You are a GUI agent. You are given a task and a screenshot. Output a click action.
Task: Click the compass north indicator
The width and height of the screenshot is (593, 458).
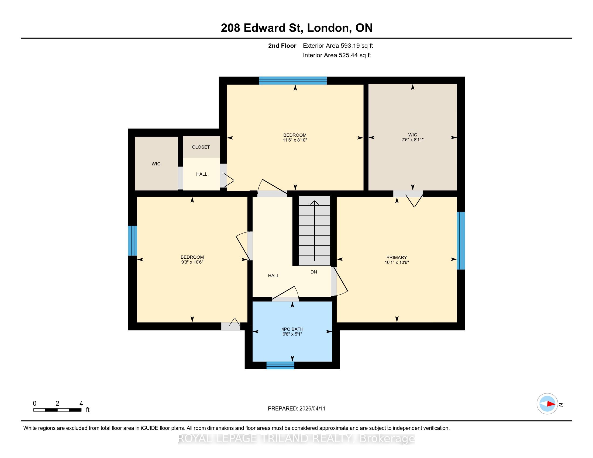(547, 404)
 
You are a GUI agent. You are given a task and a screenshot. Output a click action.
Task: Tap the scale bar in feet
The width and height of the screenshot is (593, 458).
(57, 410)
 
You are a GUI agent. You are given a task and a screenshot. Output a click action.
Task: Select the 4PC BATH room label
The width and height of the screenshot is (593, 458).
(292, 329)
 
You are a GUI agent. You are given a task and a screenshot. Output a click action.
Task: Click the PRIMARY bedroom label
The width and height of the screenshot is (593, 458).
(397, 258)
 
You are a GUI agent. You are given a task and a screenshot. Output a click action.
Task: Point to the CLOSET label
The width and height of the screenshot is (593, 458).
(201, 147)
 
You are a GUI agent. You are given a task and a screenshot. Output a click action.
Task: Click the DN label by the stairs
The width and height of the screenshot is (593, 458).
(313, 272)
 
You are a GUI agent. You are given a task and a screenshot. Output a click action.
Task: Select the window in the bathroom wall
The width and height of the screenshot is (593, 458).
(280, 366)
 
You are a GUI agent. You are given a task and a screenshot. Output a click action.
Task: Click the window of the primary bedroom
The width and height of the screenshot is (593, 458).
(461, 241)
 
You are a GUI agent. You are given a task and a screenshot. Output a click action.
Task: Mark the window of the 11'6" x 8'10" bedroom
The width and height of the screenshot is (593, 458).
(293, 81)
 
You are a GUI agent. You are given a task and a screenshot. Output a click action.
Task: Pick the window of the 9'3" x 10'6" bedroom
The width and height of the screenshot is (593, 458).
(133, 241)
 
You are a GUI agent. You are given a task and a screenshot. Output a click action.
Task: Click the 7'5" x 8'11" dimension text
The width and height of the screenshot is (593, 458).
(412, 140)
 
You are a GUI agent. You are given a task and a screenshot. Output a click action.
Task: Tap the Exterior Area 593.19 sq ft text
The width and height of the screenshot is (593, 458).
(338, 46)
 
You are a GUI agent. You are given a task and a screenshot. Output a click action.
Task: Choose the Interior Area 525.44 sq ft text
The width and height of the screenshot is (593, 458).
(337, 55)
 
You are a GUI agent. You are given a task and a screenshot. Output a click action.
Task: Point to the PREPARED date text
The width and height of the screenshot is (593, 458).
(296, 409)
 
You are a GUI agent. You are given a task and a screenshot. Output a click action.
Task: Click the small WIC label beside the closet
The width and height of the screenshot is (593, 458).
(156, 164)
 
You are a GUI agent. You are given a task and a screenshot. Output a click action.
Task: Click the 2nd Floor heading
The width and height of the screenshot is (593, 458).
(282, 46)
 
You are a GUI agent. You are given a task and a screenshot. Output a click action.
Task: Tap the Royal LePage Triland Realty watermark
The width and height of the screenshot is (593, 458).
(296, 438)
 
